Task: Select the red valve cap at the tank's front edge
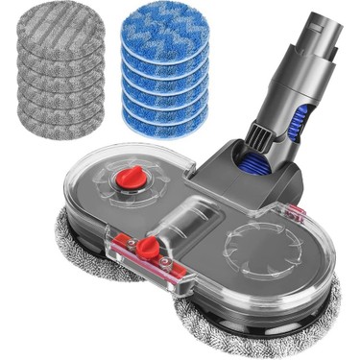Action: (147, 249)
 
